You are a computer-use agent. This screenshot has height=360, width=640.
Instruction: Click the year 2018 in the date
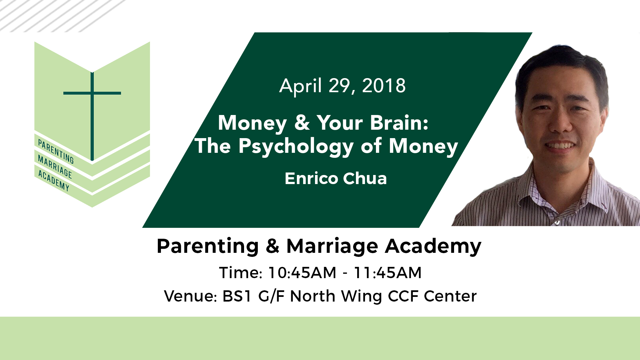click(384, 86)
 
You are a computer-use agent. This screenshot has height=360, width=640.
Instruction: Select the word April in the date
click(301, 86)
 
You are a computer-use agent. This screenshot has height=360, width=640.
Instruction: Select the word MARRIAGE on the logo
click(55, 167)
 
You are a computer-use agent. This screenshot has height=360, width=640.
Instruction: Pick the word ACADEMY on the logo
click(53, 180)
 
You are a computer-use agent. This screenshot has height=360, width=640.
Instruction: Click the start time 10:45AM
click(302, 272)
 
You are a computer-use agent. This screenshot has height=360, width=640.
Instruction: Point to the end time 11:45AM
click(387, 272)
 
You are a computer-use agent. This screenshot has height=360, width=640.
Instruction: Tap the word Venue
click(190, 296)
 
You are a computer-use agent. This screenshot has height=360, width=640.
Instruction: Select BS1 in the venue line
click(237, 296)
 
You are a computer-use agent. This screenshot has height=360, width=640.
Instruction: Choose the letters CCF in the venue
click(403, 296)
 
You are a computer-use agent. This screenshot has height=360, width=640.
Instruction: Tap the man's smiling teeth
click(561, 146)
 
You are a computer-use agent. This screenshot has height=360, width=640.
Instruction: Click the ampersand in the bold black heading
click(272, 246)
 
